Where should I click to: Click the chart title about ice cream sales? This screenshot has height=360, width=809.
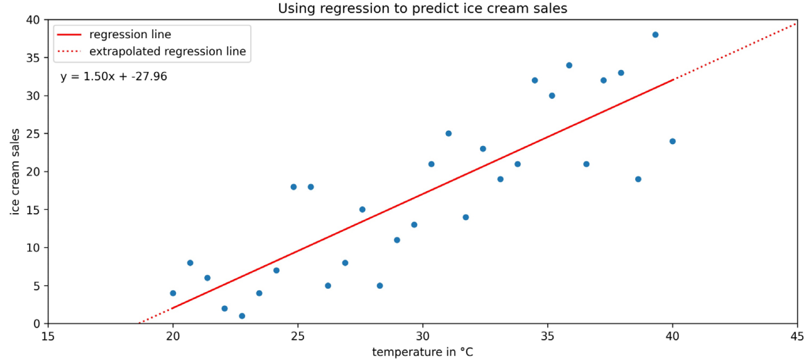click(422, 8)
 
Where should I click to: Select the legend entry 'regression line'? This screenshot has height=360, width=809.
click(130, 34)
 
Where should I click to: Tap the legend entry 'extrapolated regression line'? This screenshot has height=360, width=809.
click(168, 51)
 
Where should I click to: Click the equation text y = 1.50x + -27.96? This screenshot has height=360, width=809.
click(114, 77)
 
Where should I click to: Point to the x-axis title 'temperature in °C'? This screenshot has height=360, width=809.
click(423, 352)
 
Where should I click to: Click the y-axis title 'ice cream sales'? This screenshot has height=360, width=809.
click(15, 172)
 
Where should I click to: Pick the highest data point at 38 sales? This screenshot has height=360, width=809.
click(655, 35)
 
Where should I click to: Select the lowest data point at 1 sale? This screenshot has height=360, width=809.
click(242, 316)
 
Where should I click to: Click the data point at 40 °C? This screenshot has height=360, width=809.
click(673, 141)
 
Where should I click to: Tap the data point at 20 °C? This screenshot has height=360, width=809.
click(173, 293)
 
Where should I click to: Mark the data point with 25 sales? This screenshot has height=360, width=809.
click(448, 134)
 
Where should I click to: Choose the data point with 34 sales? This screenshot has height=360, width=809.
click(569, 65)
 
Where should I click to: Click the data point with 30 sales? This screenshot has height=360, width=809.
click(552, 96)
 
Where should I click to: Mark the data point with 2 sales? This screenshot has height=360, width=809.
click(224, 308)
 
